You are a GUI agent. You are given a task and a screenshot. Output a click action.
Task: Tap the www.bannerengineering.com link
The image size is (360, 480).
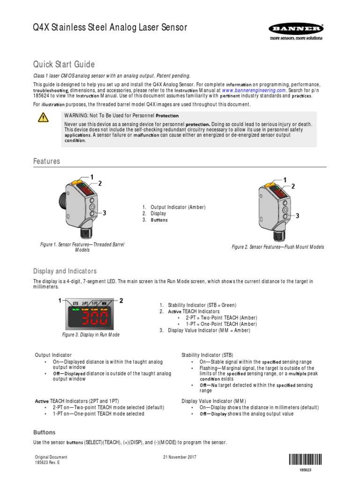tap(254, 90)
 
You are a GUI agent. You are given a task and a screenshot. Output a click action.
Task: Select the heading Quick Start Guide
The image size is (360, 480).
tap(64, 64)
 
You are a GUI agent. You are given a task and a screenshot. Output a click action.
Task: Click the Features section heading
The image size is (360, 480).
tap(46, 161)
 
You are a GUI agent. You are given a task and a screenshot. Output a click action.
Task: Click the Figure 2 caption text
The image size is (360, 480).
tap(278, 247)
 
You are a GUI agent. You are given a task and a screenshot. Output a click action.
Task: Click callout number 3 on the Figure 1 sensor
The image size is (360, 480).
tap(104, 213)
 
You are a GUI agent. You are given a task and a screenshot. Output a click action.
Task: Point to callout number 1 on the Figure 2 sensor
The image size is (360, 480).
tap(285, 180)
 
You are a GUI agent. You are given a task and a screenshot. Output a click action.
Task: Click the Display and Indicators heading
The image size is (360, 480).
tap(65, 271)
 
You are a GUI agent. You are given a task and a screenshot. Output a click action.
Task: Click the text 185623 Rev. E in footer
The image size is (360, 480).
tap(48, 462)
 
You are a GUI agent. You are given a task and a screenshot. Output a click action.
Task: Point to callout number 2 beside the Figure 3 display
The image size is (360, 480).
tap(121, 300)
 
